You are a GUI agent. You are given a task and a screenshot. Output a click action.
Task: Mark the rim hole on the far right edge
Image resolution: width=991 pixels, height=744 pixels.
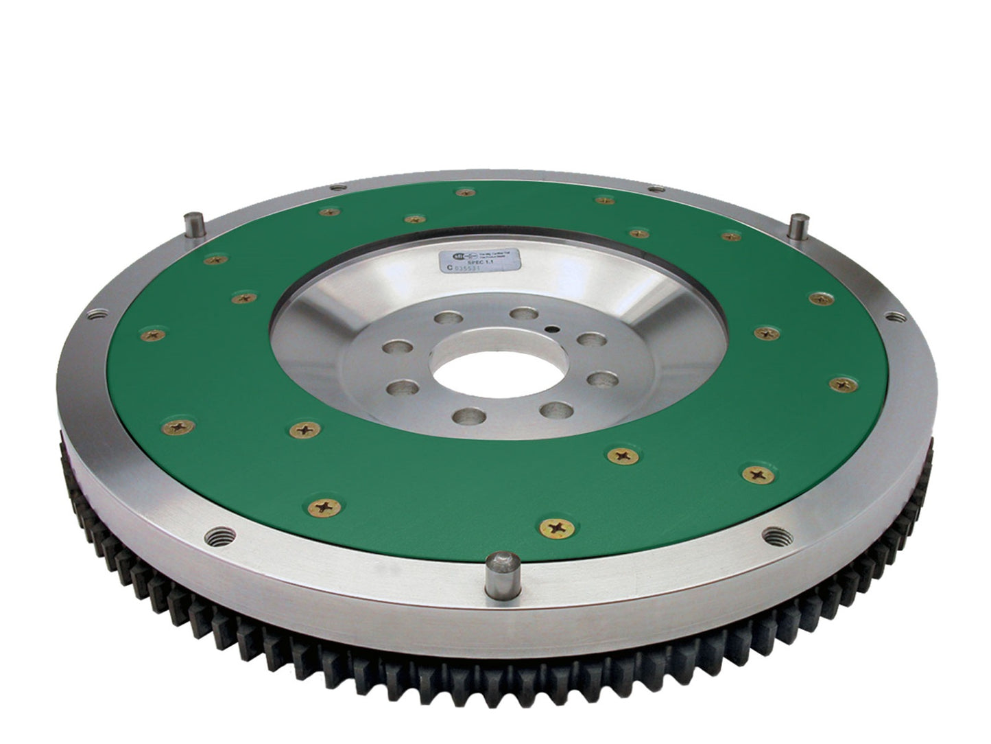[x=894, y=316]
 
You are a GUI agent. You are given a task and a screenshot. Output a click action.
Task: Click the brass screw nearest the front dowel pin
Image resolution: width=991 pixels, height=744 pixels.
[x=551, y=526]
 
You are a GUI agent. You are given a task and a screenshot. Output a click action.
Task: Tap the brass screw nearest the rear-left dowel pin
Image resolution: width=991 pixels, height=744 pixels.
[x=215, y=259]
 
